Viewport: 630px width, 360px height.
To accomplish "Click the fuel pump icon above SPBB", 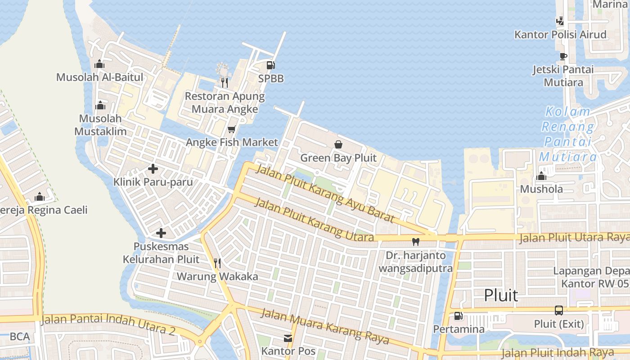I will pos(270,65).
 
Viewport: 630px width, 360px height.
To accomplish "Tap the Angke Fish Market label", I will pos(232,143).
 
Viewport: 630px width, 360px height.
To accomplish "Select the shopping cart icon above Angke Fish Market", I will pos(232,130).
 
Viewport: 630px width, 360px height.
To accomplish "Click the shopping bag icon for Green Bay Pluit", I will pos(338,144).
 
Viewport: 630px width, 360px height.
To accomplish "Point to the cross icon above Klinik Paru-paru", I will pos(153,169).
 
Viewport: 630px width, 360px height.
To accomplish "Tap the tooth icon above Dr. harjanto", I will pos(416,242).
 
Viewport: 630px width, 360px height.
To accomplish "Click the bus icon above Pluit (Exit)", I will pos(559,310).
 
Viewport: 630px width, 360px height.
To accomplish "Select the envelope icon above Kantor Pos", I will pos(288,338).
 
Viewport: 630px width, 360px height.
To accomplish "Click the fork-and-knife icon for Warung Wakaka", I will pos(217,263).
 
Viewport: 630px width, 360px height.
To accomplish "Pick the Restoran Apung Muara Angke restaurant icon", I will pos(225,82).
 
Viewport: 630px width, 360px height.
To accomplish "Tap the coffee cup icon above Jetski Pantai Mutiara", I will pos(563,56).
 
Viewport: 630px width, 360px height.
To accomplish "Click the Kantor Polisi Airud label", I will pos(560,35).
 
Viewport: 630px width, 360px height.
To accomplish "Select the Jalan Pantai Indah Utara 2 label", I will pos(108,324).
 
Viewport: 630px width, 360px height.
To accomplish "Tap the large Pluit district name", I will pos(501,296).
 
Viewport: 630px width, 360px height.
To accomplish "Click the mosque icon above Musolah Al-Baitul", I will pos(99,64).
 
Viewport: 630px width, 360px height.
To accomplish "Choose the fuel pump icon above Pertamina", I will pos(458,316).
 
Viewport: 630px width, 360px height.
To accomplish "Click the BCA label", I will pos(20,337).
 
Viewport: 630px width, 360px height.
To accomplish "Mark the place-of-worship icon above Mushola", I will pos(541,176).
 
